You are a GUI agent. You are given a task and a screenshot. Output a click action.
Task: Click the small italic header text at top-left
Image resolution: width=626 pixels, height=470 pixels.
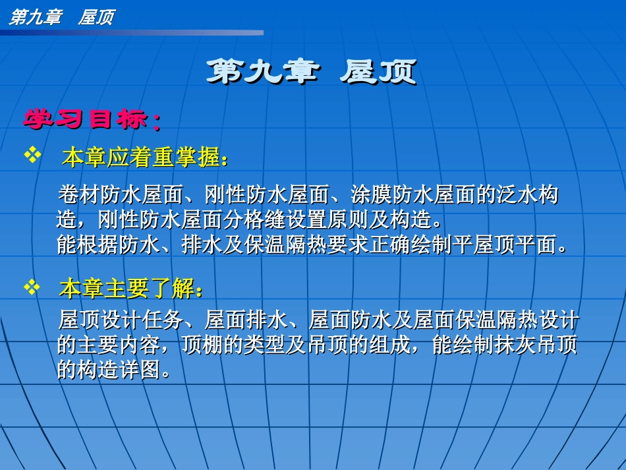(x=61, y=16)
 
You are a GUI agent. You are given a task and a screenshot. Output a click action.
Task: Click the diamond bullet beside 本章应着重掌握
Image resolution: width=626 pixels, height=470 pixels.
(x=32, y=156)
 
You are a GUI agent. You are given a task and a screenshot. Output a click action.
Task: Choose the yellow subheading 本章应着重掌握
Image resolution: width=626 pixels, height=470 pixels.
(x=145, y=158)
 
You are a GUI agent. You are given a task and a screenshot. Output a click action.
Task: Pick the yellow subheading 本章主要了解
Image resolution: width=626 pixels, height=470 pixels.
(x=130, y=288)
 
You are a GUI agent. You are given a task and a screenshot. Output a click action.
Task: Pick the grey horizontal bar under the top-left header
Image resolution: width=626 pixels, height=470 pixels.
(x=132, y=32)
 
